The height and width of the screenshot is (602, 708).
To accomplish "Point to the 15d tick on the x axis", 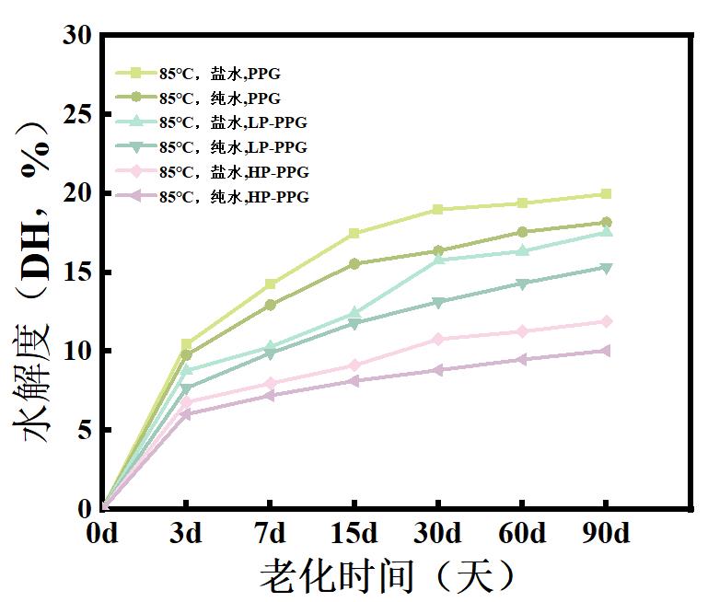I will (354, 508).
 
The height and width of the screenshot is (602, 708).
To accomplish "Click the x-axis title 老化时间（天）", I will (387, 576).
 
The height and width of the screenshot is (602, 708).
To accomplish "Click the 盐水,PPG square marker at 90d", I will (605, 194).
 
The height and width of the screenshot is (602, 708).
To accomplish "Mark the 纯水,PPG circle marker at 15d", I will (354, 264).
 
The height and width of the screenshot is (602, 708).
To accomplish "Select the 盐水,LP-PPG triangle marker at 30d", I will (438, 259).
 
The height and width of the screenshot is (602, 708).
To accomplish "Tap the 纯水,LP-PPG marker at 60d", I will (522, 284).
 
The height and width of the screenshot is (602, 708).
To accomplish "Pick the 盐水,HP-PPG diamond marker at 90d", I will (605, 321).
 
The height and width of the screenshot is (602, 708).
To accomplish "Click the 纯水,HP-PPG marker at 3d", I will (187, 414).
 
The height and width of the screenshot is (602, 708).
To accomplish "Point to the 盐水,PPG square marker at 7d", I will (271, 284).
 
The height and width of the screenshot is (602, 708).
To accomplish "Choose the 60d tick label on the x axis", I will (522, 534).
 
